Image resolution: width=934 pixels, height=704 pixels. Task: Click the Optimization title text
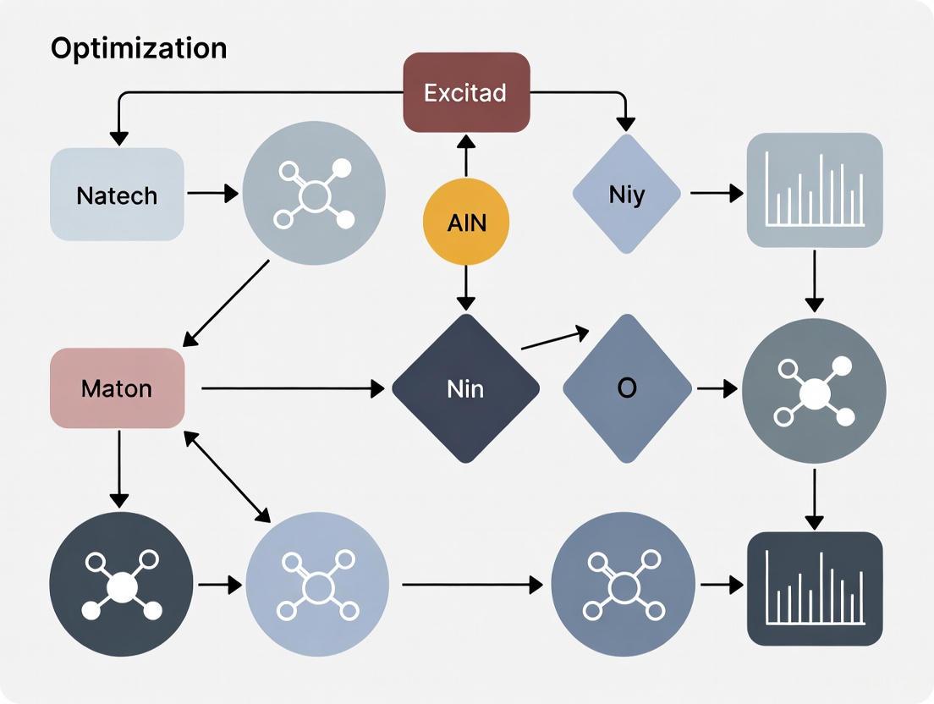139,48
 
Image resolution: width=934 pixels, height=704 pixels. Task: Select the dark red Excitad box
466,92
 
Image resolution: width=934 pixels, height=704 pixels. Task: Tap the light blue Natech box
117,195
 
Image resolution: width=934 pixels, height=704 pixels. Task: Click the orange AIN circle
466,223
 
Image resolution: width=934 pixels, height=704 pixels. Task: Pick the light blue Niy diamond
626,195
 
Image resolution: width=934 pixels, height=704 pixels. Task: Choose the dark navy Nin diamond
465,388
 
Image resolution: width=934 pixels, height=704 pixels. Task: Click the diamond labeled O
627,388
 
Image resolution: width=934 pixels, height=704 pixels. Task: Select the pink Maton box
117,388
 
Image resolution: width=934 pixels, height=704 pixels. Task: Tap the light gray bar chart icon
815,190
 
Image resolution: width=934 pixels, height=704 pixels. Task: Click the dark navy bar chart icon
815,588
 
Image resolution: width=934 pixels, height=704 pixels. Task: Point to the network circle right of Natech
314,194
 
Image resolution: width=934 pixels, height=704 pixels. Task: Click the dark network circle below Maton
121,585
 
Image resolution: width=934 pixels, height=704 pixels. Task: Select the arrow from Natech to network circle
212,194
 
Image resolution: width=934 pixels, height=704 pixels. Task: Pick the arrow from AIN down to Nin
466,289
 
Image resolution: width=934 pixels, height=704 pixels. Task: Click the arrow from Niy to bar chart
716,194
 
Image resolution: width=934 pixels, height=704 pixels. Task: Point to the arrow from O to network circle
716,388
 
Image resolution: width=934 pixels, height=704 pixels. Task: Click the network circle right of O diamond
814,390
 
